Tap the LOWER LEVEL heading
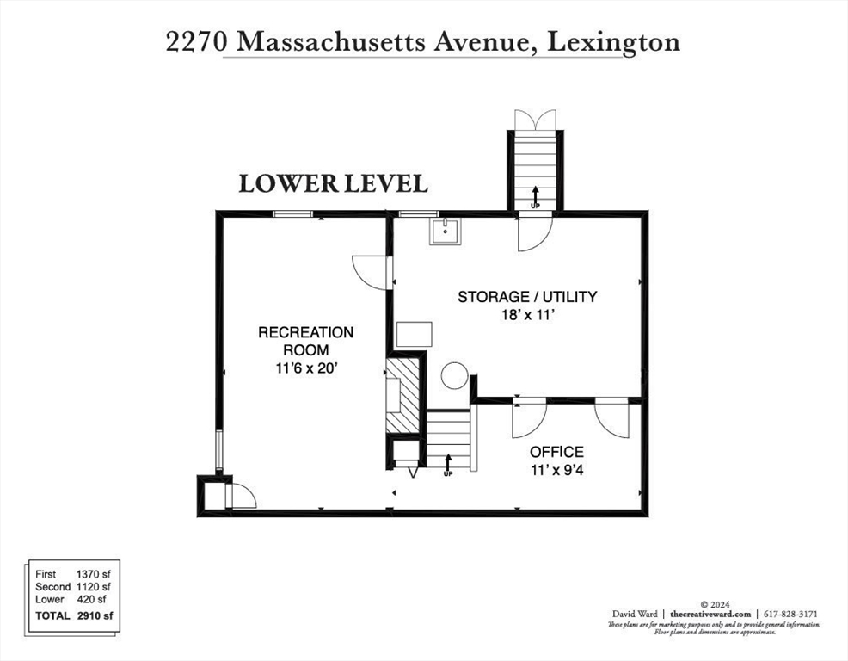[x=333, y=183]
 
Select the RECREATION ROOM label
[x=305, y=341]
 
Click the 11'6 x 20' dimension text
[x=305, y=368]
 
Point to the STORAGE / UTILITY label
[x=526, y=297]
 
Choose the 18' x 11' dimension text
[x=526, y=315]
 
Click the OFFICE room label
[x=556, y=452]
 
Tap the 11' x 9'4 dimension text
[x=556, y=470]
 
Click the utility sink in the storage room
[x=445, y=231]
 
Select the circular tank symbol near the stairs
[x=454, y=375]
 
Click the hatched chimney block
[x=402, y=395]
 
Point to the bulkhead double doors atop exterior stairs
[x=535, y=120]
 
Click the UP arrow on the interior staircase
[x=447, y=464]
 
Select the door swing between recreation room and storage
[x=371, y=273]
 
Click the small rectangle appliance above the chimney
[x=414, y=334]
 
